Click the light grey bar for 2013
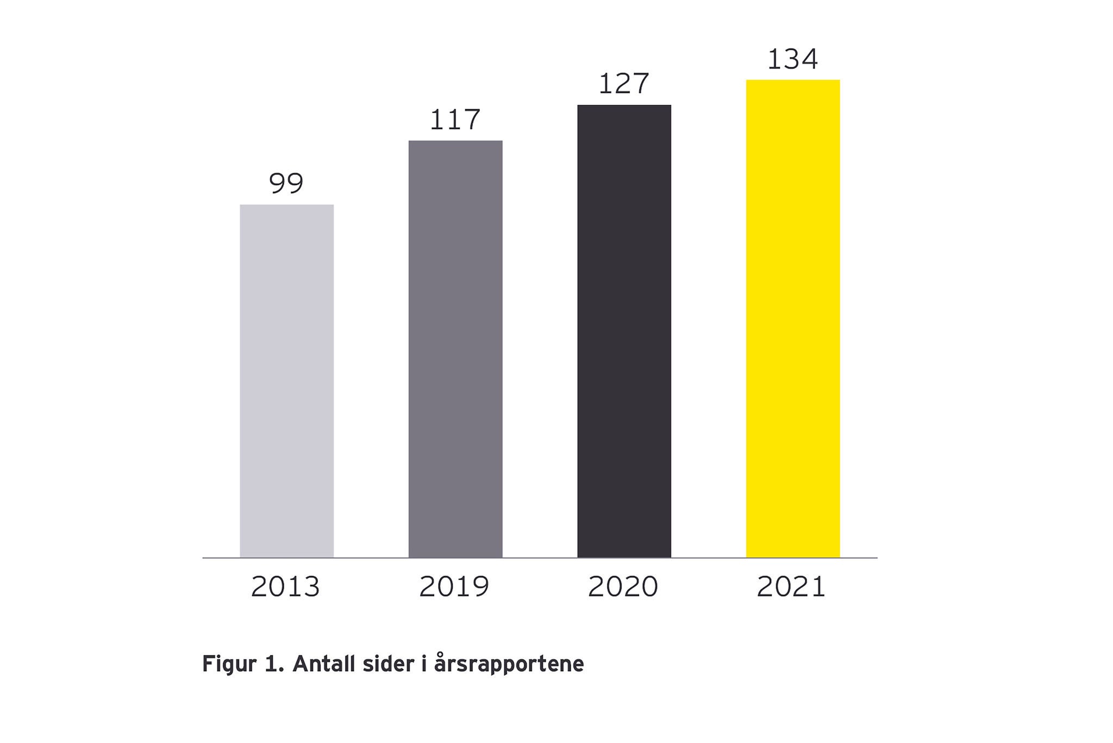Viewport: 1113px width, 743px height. [x=286, y=380]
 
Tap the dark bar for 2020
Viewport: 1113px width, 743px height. [x=624, y=331]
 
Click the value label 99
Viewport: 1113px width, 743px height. [x=286, y=183]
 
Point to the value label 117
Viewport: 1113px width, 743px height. [x=455, y=120]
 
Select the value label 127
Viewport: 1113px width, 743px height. [x=624, y=84]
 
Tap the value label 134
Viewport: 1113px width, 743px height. [x=792, y=59]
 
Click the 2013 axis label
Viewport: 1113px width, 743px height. [x=285, y=586]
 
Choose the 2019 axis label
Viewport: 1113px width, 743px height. [x=454, y=586]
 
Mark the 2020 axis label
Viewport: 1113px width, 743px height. [x=623, y=586]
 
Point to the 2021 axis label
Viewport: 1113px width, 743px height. [x=791, y=586]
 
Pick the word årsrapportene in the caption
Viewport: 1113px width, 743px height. [x=509, y=665]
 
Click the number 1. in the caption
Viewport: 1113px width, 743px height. [x=274, y=664]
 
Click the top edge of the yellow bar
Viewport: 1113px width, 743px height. [x=792, y=80]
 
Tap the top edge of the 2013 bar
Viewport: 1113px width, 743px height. [x=286, y=205]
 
